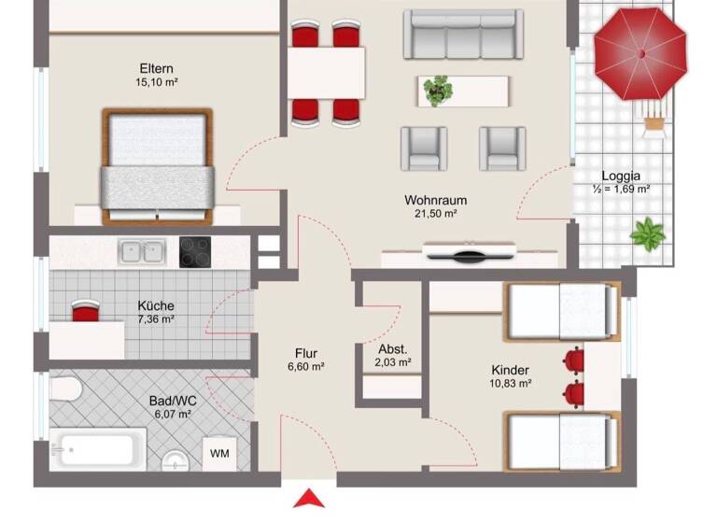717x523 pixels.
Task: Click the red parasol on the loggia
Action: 640,54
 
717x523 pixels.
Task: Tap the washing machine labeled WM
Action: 220,454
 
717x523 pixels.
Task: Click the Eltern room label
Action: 156,68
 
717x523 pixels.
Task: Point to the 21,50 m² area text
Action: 436,214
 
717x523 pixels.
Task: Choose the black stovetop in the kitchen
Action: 195,250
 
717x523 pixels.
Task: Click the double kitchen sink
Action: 142,250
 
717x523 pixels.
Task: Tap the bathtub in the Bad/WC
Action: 99,452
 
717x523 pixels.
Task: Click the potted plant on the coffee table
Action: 436,91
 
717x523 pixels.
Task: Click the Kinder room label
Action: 510,369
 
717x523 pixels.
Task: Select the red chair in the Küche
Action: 85,313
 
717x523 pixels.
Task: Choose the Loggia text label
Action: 621,175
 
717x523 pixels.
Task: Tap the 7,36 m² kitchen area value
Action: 156,319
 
